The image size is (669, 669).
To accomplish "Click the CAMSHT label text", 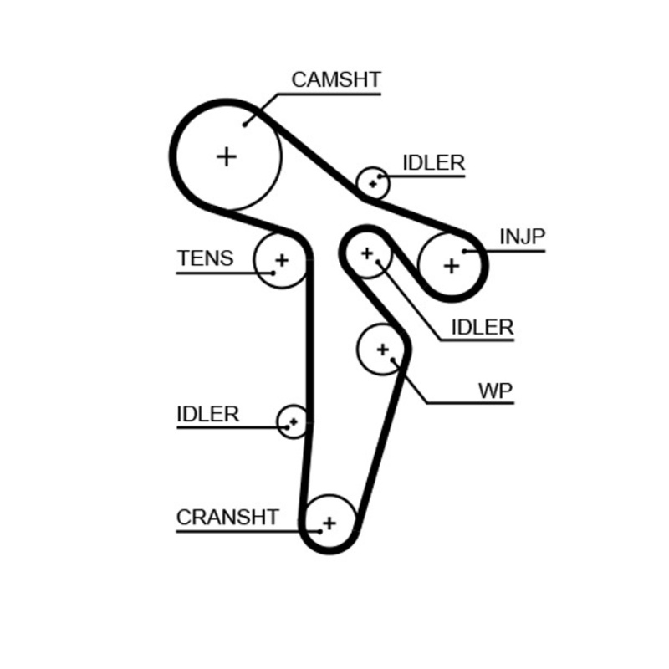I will [336, 80].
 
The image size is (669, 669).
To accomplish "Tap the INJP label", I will [522, 237].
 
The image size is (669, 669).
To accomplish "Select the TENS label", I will [205, 258].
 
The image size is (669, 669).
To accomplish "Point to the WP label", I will [495, 390].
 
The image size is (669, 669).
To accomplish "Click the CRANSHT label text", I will [227, 518].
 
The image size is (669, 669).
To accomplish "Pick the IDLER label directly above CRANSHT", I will [208, 414].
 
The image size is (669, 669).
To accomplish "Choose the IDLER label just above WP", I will [482, 327].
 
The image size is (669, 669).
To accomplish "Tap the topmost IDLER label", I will [433, 163].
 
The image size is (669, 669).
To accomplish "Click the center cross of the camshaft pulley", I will [227, 156].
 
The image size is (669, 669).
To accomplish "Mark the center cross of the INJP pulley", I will [452, 266].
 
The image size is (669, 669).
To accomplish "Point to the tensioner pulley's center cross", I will [281, 260].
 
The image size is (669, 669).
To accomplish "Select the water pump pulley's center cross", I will [383, 349].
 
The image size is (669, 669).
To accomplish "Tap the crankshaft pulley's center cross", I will [329, 523].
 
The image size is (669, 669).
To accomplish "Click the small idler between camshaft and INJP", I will [373, 182].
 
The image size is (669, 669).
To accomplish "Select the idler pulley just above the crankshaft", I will [293, 421].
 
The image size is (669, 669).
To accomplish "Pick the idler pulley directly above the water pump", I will [367, 253].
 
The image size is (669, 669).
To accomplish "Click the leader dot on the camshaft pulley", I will [246, 125].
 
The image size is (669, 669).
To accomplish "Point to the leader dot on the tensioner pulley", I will [272, 272].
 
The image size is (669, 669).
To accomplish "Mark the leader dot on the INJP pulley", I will [464, 250].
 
